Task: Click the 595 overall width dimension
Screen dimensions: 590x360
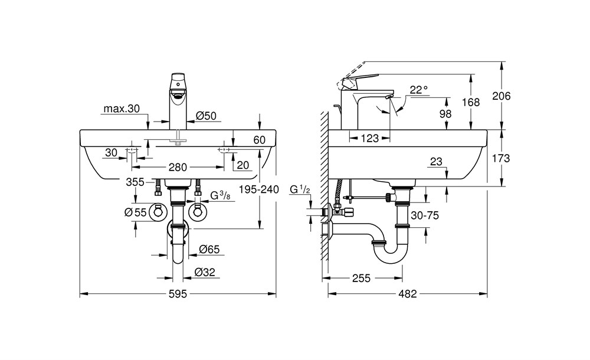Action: [178, 294]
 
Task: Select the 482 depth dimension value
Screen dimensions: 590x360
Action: [408, 294]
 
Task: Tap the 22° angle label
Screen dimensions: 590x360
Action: [419, 90]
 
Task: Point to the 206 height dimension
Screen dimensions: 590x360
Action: [501, 96]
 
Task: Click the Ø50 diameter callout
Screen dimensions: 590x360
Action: [206, 116]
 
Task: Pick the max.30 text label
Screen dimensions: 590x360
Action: [122, 109]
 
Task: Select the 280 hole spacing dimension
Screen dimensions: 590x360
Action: [178, 167]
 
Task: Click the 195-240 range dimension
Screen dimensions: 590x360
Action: [259, 189]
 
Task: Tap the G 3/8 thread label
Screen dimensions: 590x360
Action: [219, 195]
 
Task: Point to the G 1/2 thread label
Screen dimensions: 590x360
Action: [300, 189]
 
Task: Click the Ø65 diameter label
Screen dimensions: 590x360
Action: [209, 249]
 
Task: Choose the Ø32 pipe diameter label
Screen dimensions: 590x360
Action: [205, 272]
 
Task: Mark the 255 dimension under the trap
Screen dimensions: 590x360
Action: [361, 279]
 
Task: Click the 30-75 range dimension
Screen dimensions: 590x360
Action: [425, 215]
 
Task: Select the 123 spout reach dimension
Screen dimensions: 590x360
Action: [369, 138]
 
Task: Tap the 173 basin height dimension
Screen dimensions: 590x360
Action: [501, 158]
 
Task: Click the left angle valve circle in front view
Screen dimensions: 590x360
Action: [158, 212]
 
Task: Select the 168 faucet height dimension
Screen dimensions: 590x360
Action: [470, 102]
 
